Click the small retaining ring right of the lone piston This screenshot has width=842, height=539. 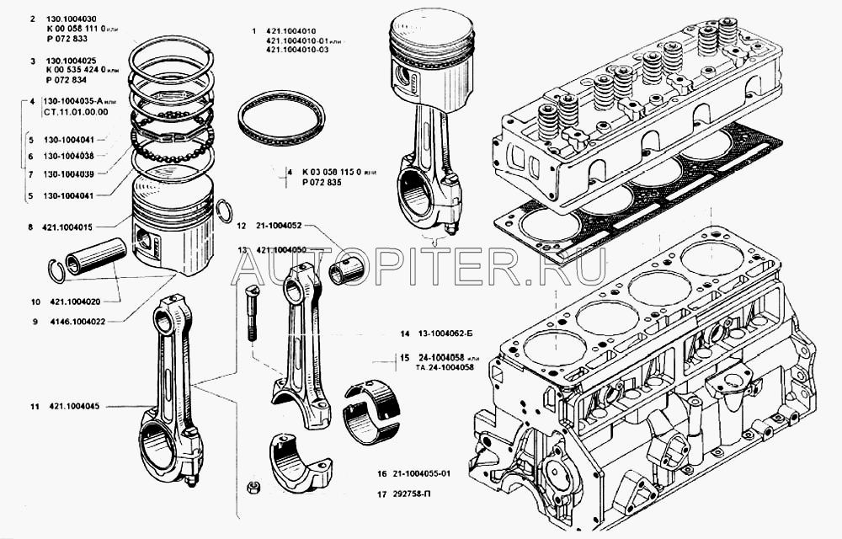coord(224,212)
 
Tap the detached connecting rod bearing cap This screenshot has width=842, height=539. coord(300,463)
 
